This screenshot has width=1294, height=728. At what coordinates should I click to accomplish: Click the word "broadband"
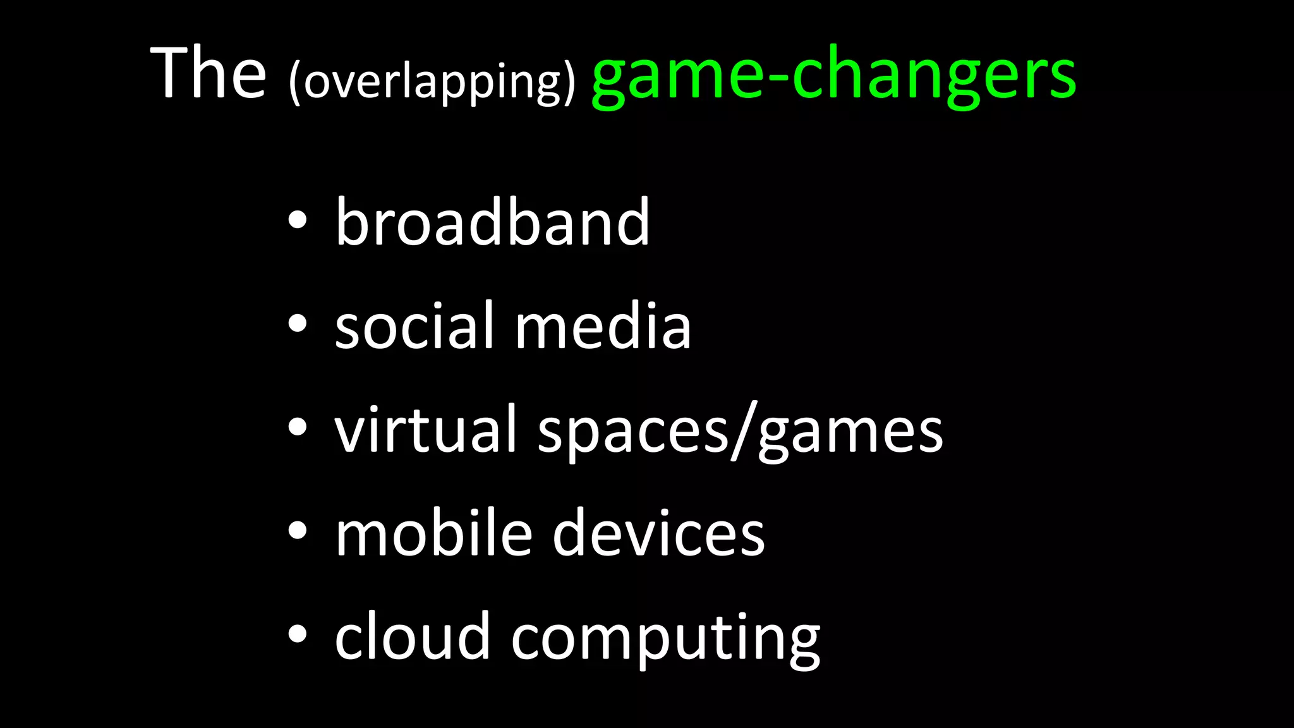pyautogui.click(x=492, y=222)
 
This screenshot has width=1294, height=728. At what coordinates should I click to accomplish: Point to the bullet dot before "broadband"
pyautogui.click(x=297, y=221)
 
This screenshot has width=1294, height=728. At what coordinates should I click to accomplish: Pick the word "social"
pyautogui.click(x=413, y=325)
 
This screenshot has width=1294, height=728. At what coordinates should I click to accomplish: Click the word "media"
pyautogui.click(x=603, y=325)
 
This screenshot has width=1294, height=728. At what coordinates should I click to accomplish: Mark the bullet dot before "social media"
pyautogui.click(x=297, y=324)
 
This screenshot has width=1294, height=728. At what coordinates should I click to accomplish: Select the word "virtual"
pyautogui.click(x=425, y=430)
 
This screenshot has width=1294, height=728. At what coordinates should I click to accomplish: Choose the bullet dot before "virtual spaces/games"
pyautogui.click(x=297, y=428)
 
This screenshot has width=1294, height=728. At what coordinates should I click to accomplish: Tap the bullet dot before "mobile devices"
pyautogui.click(x=297, y=531)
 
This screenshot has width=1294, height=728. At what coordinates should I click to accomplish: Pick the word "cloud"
pyautogui.click(x=412, y=636)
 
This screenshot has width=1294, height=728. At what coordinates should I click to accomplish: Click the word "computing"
pyautogui.click(x=665, y=640)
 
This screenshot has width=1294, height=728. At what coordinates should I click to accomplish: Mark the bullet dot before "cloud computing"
pyautogui.click(x=297, y=634)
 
